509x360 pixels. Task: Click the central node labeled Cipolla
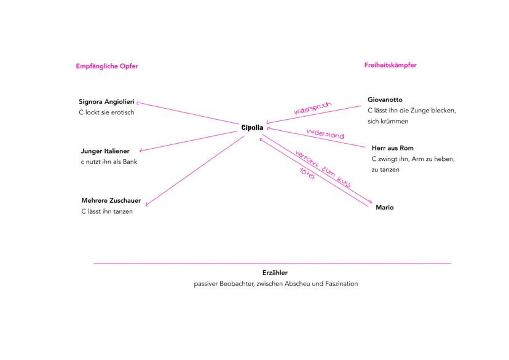tap(252, 128)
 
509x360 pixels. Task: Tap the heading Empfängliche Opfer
tap(107, 66)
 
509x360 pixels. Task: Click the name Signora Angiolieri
tap(106, 101)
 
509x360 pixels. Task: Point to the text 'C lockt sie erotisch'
tap(106, 112)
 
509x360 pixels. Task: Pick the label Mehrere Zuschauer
tap(111, 200)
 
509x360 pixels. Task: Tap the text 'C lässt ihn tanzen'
tap(107, 211)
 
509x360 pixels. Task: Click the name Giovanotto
tap(385, 100)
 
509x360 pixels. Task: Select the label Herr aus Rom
tap(392, 148)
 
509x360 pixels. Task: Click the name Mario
tap(384, 208)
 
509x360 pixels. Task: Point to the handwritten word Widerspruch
tap(312, 109)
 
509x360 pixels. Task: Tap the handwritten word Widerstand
tap(325, 134)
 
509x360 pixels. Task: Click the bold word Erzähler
tap(275, 272)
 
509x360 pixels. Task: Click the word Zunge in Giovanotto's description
tap(419, 111)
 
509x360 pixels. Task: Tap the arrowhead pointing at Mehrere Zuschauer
tap(147, 205)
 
